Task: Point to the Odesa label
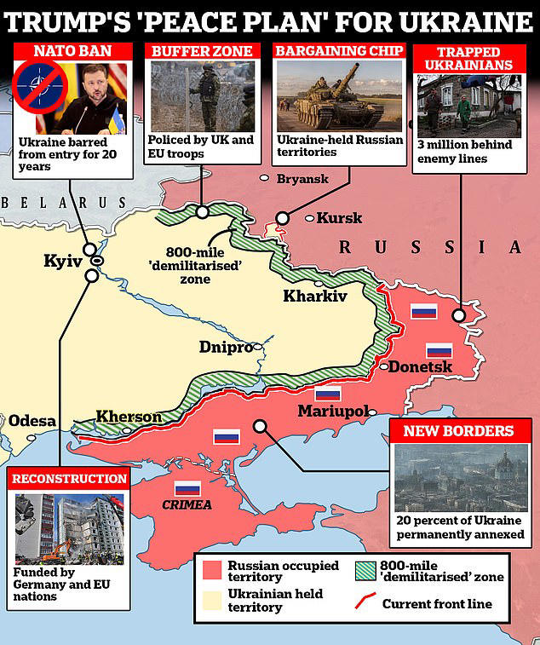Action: click(x=32, y=421)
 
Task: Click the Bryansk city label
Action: click(x=303, y=179)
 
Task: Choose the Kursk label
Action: click(x=339, y=218)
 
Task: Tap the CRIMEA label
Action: click(x=187, y=505)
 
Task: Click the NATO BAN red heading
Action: click(x=72, y=50)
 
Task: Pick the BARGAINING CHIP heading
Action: click(x=338, y=50)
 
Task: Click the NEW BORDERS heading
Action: click(x=458, y=431)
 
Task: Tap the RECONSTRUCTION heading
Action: click(x=69, y=479)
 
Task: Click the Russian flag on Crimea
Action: click(x=187, y=489)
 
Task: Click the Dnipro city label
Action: click(x=226, y=348)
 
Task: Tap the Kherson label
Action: click(x=129, y=417)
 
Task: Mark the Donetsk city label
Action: click(x=419, y=367)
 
